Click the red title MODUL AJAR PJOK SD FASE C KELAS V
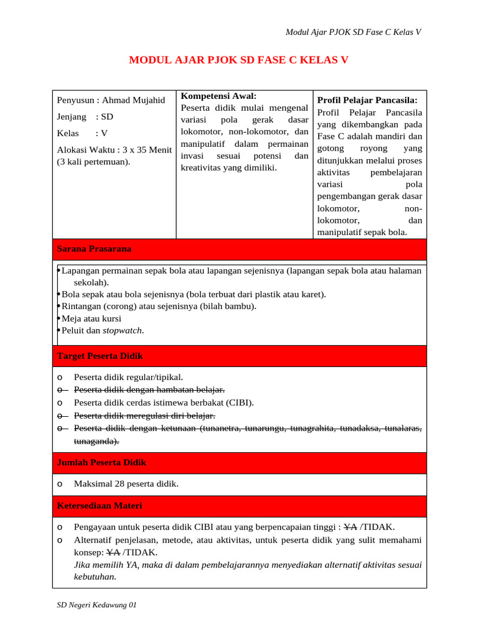click(238, 60)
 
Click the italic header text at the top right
click(353, 32)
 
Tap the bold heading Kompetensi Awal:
click(218, 96)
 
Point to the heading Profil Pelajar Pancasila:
click(367, 100)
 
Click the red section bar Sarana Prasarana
click(240, 249)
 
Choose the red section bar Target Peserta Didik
click(240, 356)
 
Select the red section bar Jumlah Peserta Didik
click(240, 463)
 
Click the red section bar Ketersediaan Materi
click(240, 506)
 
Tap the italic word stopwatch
click(123, 330)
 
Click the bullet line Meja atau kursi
click(91, 318)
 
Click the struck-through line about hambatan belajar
click(149, 389)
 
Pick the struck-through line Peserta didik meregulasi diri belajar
click(144, 415)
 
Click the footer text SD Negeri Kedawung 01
click(96, 605)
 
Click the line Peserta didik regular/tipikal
click(128, 377)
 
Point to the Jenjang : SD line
click(85, 116)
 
